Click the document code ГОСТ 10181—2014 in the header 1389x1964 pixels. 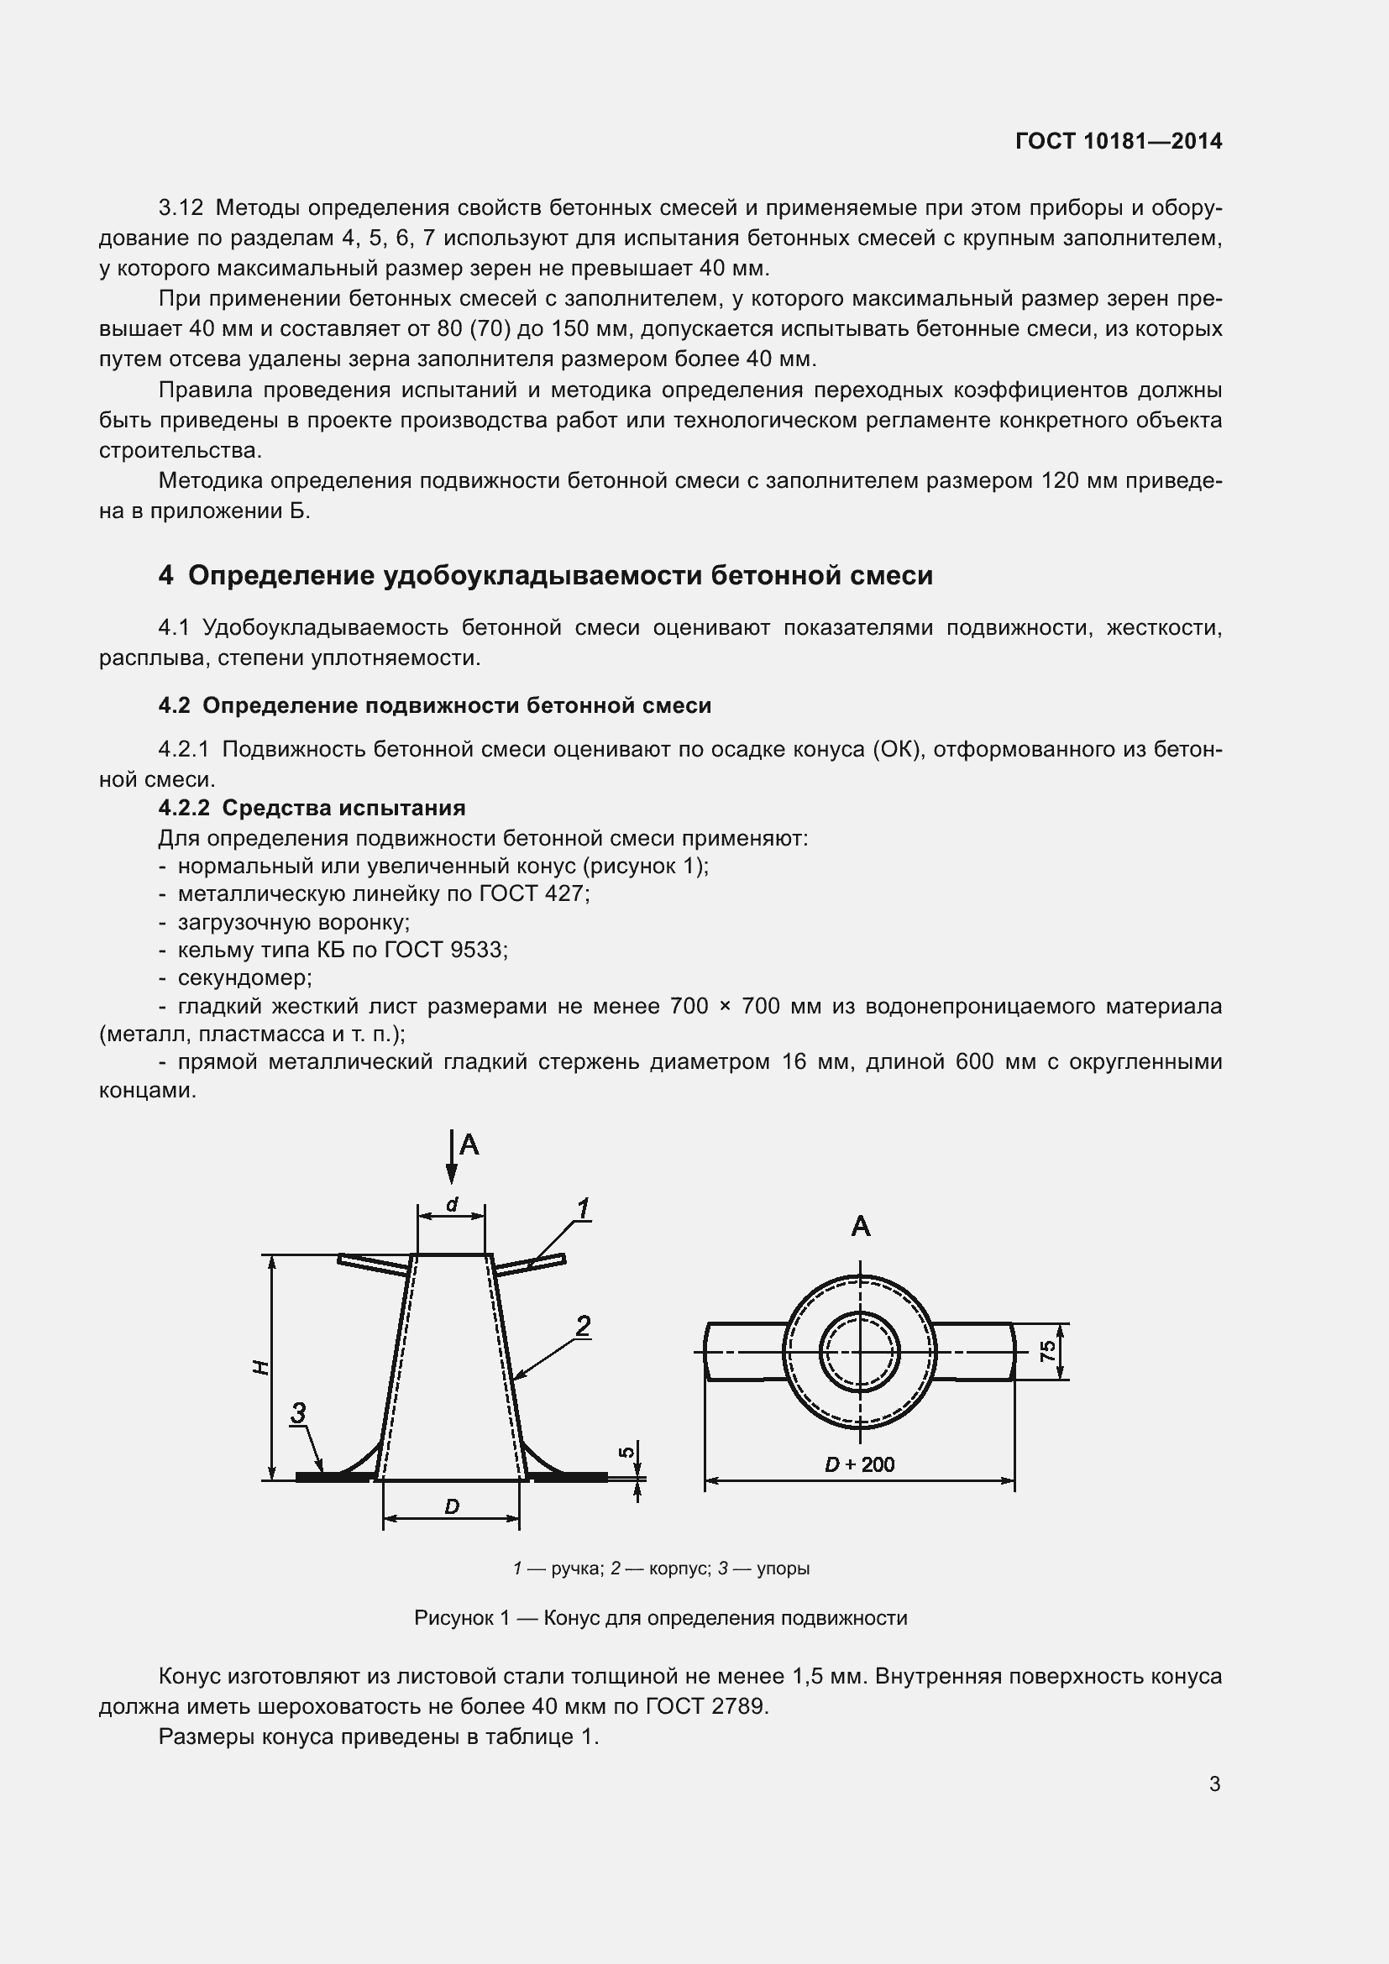tap(1118, 141)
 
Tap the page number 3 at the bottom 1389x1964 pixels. tap(1214, 1783)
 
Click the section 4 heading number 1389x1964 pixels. tap(165, 576)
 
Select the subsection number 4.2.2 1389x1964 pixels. tap(184, 808)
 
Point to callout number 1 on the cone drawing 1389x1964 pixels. tap(583, 1208)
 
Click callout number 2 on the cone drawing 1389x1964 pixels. tap(583, 1326)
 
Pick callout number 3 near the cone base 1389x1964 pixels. tap(297, 1412)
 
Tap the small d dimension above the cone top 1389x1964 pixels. tap(452, 1204)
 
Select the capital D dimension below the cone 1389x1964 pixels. tap(452, 1506)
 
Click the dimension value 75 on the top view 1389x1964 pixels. tap(1048, 1351)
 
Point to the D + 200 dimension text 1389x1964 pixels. tap(859, 1464)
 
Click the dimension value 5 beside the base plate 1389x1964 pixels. tap(626, 1452)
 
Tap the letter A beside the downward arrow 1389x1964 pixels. tap(469, 1144)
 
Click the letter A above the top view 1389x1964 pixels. tap(861, 1227)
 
